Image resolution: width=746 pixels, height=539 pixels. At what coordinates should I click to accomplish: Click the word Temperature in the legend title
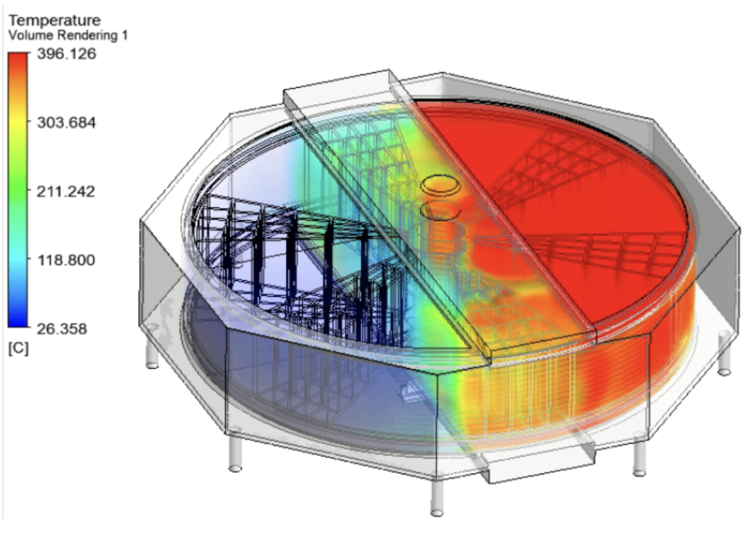(x=55, y=20)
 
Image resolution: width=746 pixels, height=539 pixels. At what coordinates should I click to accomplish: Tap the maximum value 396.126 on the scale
(x=67, y=54)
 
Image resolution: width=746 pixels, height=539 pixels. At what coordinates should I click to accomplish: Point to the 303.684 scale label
(x=67, y=122)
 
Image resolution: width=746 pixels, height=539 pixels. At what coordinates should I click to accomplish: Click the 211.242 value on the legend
(x=66, y=191)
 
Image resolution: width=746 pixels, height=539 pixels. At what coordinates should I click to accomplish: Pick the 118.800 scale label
(x=66, y=260)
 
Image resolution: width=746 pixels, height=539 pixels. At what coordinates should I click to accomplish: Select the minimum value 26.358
(x=62, y=329)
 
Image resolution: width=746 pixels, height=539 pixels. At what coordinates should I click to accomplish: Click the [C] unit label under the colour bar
(x=19, y=348)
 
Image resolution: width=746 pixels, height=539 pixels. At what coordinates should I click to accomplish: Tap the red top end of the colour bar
(x=18, y=57)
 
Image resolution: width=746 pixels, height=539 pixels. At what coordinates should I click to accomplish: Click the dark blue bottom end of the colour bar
(x=18, y=322)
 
